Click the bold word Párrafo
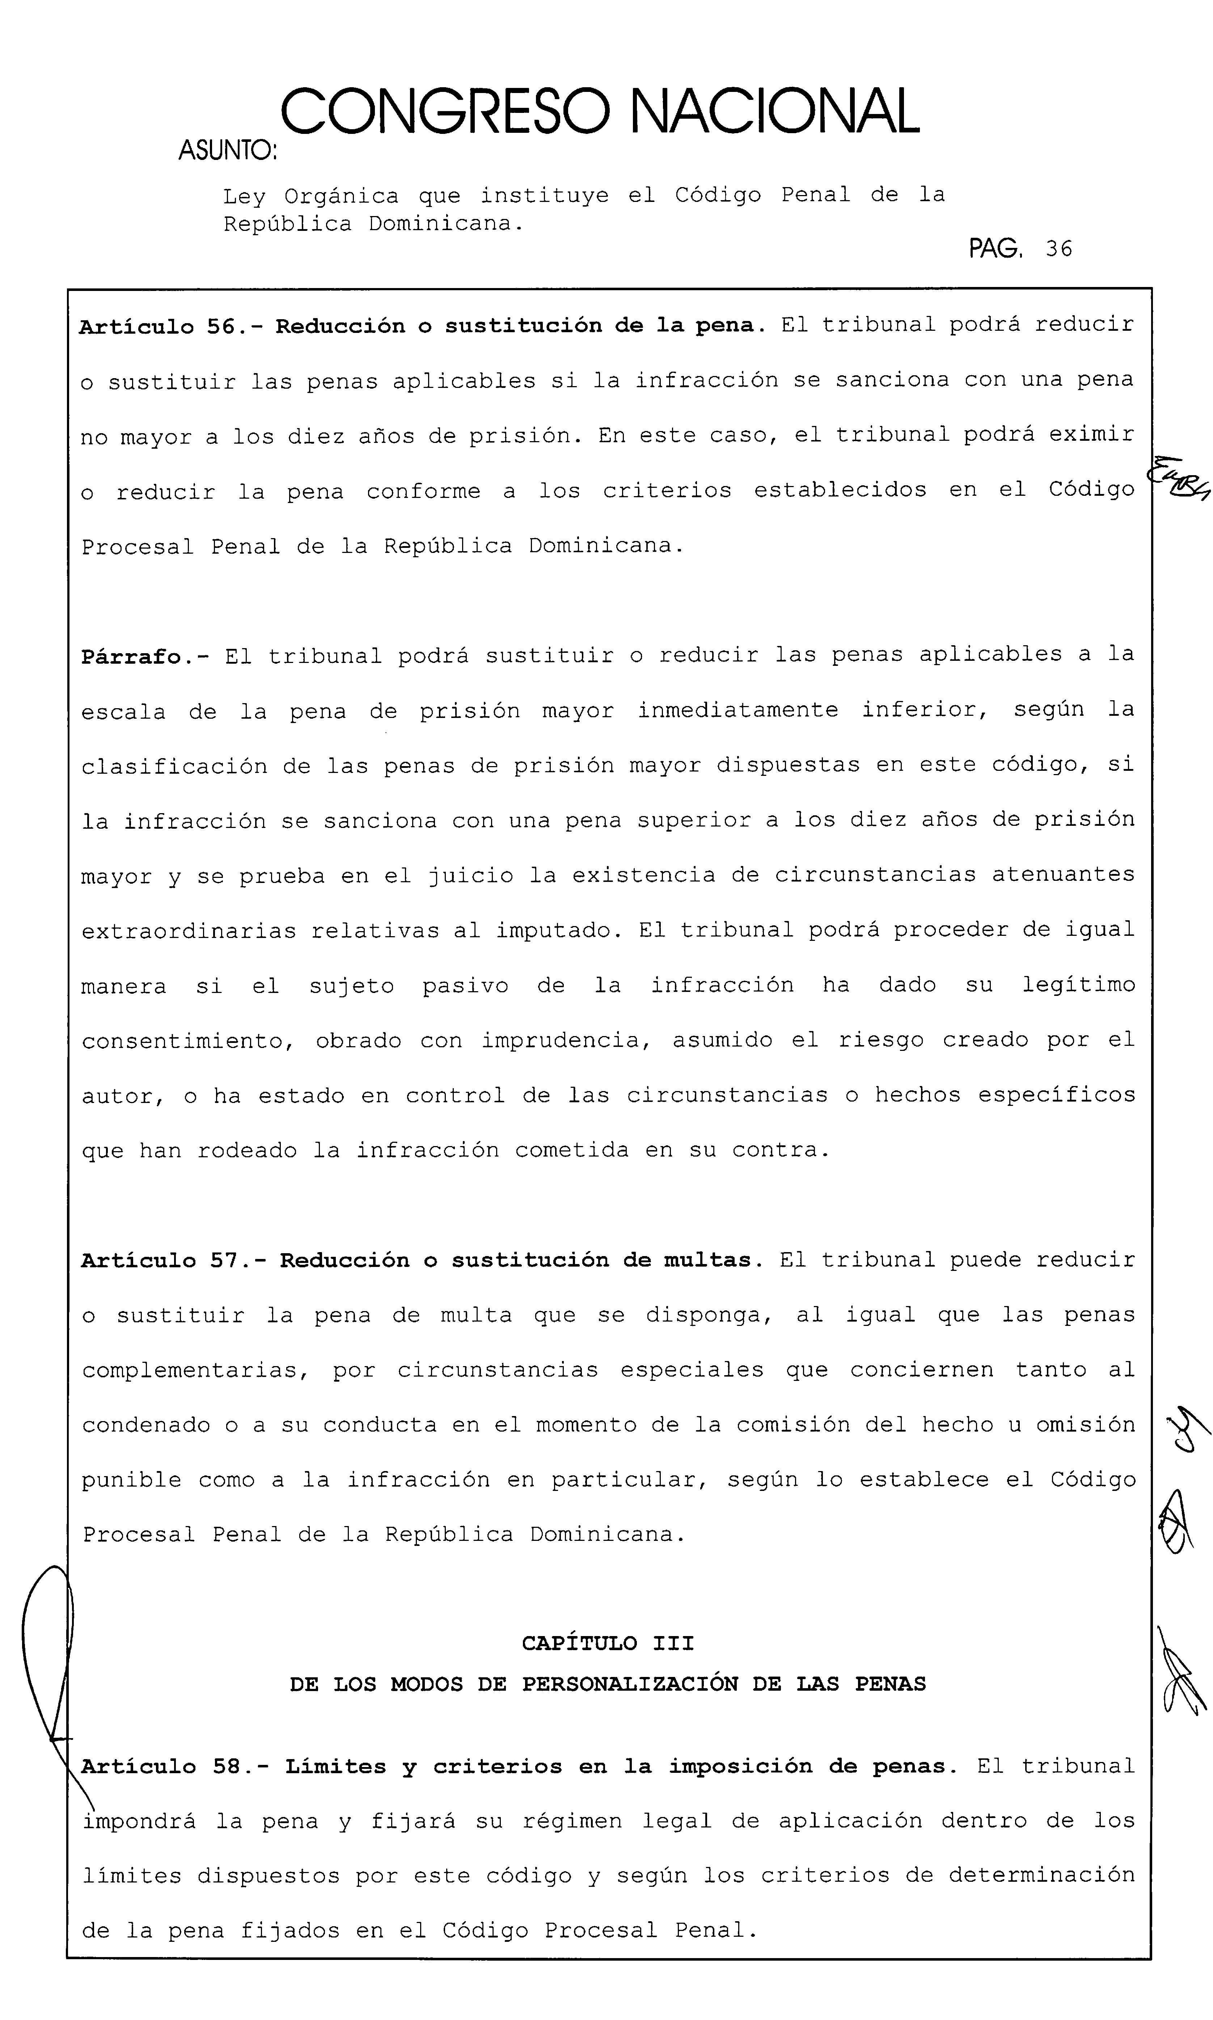click(x=131, y=657)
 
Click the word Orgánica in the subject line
click(x=342, y=196)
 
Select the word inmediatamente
click(x=737, y=711)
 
